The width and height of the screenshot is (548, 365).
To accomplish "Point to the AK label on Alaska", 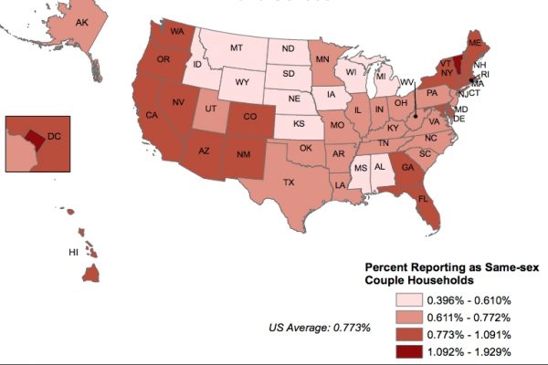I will (80, 22).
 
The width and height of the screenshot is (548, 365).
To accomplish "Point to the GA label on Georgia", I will (406, 166).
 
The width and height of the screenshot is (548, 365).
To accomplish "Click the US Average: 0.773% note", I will (320, 327).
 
